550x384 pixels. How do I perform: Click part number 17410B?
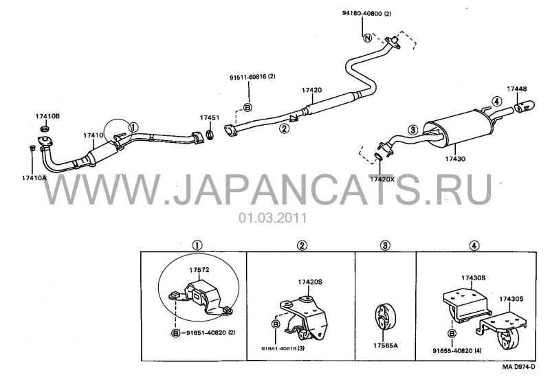(x=48, y=117)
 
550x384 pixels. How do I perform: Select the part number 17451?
(x=210, y=117)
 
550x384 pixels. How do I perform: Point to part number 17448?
(x=518, y=90)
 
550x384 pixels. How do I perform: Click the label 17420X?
(x=383, y=178)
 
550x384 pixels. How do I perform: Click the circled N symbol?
(x=366, y=36)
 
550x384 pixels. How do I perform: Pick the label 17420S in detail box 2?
(x=311, y=282)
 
